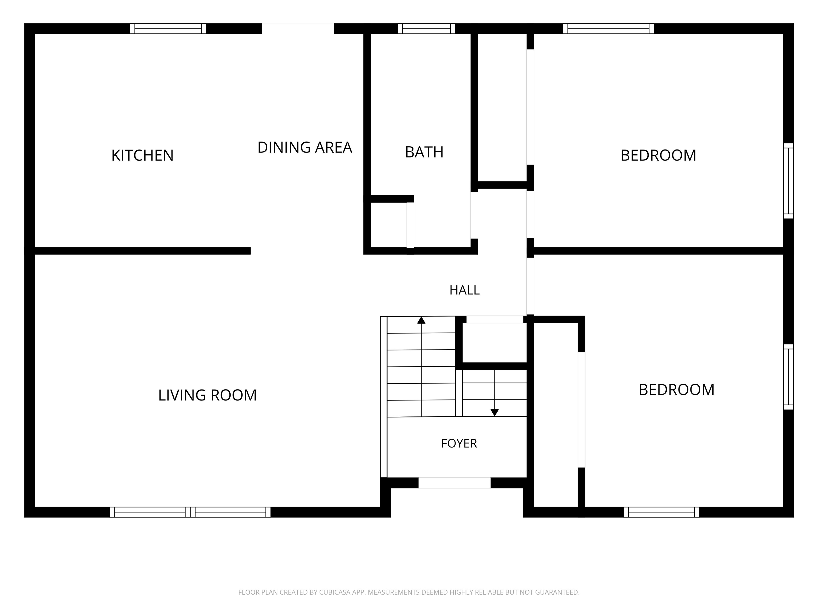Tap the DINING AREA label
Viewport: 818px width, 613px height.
pyautogui.click(x=305, y=147)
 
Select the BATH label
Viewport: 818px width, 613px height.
pyautogui.click(x=424, y=152)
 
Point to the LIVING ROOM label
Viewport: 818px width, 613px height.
pyautogui.click(x=207, y=395)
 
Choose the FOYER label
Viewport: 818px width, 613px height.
pyautogui.click(x=459, y=444)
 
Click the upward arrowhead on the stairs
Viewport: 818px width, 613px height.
pyautogui.click(x=421, y=320)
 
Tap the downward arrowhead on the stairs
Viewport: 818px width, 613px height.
pyautogui.click(x=494, y=413)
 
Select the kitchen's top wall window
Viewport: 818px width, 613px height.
pyautogui.click(x=168, y=28)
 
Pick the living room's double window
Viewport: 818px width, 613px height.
pyautogui.click(x=190, y=512)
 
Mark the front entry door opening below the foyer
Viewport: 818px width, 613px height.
pyautogui.click(x=455, y=483)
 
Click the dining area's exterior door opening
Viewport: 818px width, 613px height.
pyautogui.click(x=298, y=28)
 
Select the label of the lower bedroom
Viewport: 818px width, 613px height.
pyautogui.click(x=676, y=390)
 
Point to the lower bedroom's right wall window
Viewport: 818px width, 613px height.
pyautogui.click(x=788, y=377)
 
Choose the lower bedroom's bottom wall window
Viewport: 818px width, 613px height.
pyautogui.click(x=661, y=512)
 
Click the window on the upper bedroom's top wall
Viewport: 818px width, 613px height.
pyautogui.click(x=608, y=28)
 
